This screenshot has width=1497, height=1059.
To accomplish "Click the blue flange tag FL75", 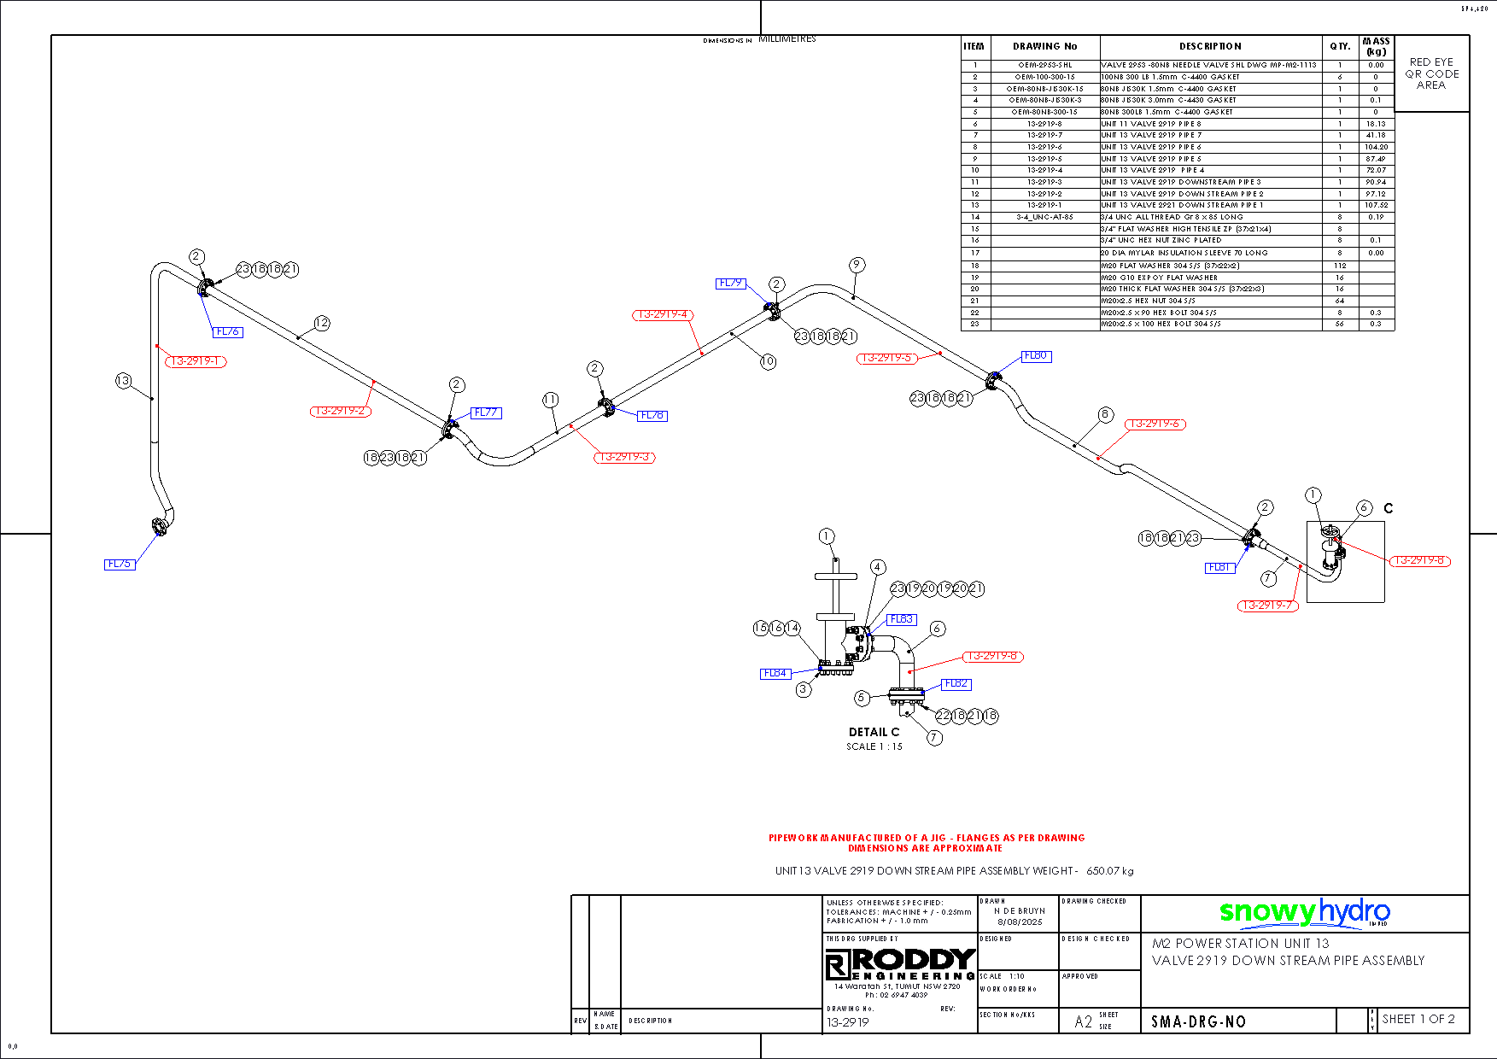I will coord(120,565).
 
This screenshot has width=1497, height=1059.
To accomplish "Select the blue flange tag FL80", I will coord(1036,356).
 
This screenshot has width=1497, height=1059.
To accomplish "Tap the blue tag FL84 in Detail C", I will coord(775,674).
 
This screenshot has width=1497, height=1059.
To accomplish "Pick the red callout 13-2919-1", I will coord(196,361).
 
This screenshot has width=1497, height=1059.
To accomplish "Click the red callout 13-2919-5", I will coord(886,359).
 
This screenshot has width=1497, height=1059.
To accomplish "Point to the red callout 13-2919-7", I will coord(1267,606).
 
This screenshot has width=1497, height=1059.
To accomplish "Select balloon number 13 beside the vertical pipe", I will coord(124,381).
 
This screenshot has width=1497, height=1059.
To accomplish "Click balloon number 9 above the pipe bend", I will coord(857,265).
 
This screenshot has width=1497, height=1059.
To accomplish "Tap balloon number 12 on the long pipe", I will coord(321,323).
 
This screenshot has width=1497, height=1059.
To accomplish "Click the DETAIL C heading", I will coord(874,732).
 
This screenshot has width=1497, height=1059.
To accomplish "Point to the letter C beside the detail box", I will coord(1389,508).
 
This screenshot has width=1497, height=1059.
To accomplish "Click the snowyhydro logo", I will coord(1304,912).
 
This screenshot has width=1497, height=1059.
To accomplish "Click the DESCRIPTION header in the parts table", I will coord(1210,46).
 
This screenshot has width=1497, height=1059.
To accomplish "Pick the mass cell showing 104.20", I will coord(1376,147).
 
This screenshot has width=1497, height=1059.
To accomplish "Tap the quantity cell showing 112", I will coord(1340,266).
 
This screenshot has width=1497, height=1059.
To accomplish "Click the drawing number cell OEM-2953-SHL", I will coord(1044,65).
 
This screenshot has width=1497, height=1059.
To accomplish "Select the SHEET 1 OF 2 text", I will coord(1418,1019).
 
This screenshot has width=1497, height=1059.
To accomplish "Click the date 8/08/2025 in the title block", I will coord(1020,922).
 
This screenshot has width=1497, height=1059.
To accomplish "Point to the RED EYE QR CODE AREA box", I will coord(1431,73).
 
